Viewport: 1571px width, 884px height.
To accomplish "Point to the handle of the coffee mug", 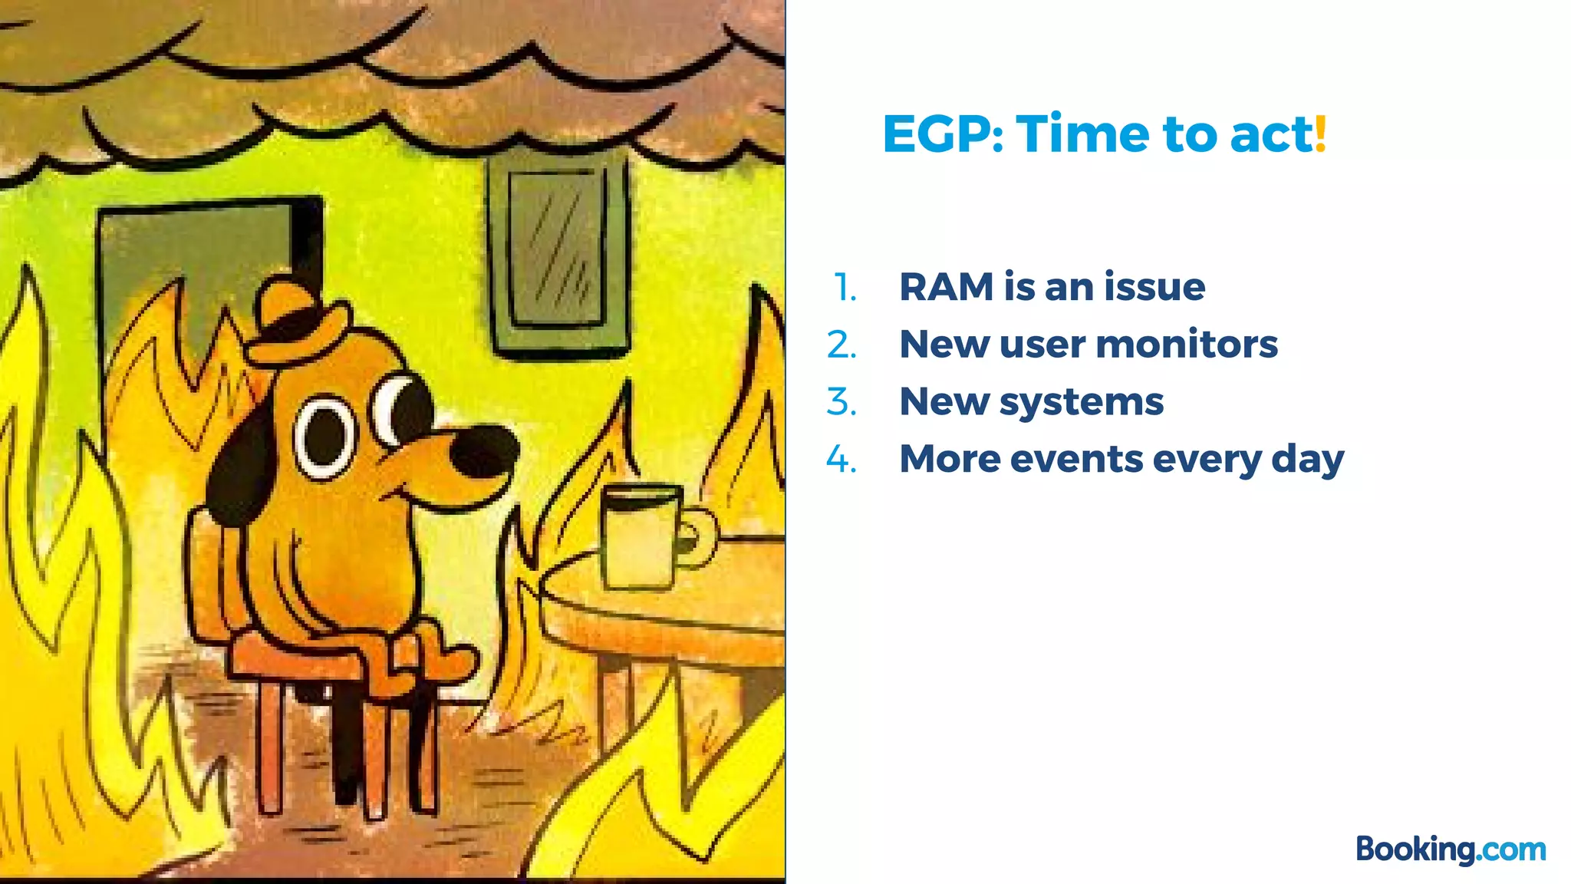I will coord(699,537).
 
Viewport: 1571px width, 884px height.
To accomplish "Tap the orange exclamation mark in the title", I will coord(1320,134).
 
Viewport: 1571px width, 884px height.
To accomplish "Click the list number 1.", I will coord(845,288).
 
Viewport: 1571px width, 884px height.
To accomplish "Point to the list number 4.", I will coord(841,460).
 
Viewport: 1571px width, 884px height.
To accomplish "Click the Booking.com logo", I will coord(1450,849).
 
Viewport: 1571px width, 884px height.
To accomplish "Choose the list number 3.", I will coord(841,402).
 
